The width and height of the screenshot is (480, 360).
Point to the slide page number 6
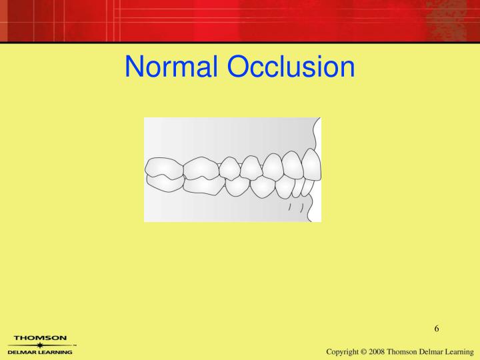(436, 328)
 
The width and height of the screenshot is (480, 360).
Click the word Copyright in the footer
(347, 351)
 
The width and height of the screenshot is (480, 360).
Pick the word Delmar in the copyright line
(447, 351)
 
